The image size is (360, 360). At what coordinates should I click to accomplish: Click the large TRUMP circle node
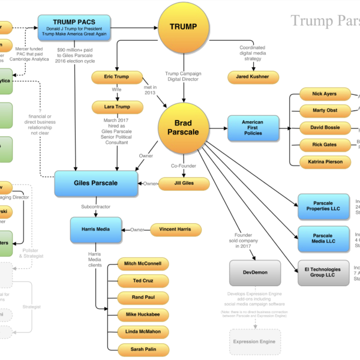(x=184, y=26)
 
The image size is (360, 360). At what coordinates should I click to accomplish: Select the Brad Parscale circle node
(x=184, y=127)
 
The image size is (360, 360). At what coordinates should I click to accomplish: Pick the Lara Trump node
(x=118, y=107)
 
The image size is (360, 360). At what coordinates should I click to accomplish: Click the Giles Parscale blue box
(x=96, y=183)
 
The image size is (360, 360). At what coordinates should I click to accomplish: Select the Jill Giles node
(x=184, y=184)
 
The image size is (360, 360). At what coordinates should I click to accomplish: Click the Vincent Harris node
(x=176, y=229)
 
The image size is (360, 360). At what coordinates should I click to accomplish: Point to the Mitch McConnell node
(x=142, y=263)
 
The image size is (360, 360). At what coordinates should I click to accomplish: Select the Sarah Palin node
(x=142, y=348)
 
